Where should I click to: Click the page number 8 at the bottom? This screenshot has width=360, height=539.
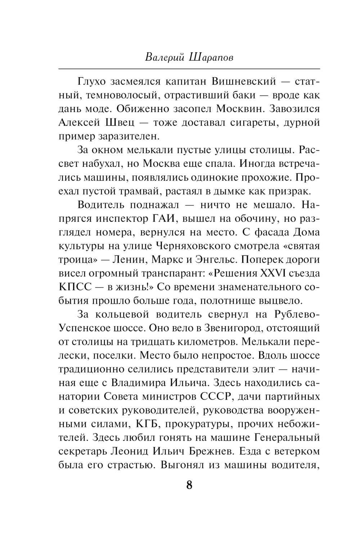(x=189, y=485)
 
